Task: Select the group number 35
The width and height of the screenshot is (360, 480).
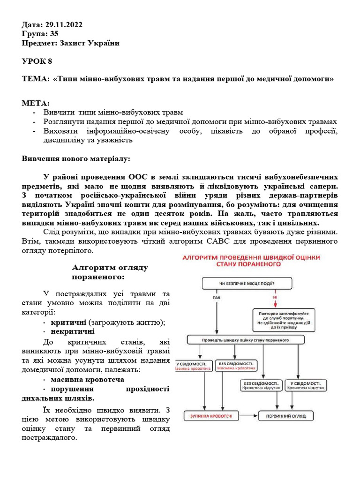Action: click(x=54, y=34)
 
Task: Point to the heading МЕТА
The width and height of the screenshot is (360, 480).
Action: click(x=36, y=103)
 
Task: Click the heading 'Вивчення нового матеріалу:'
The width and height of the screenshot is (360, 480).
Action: click(x=76, y=158)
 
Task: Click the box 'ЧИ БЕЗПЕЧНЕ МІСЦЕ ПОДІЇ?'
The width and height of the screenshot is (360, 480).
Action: click(x=247, y=283)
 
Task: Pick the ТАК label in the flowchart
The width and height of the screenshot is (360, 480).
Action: click(x=217, y=297)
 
